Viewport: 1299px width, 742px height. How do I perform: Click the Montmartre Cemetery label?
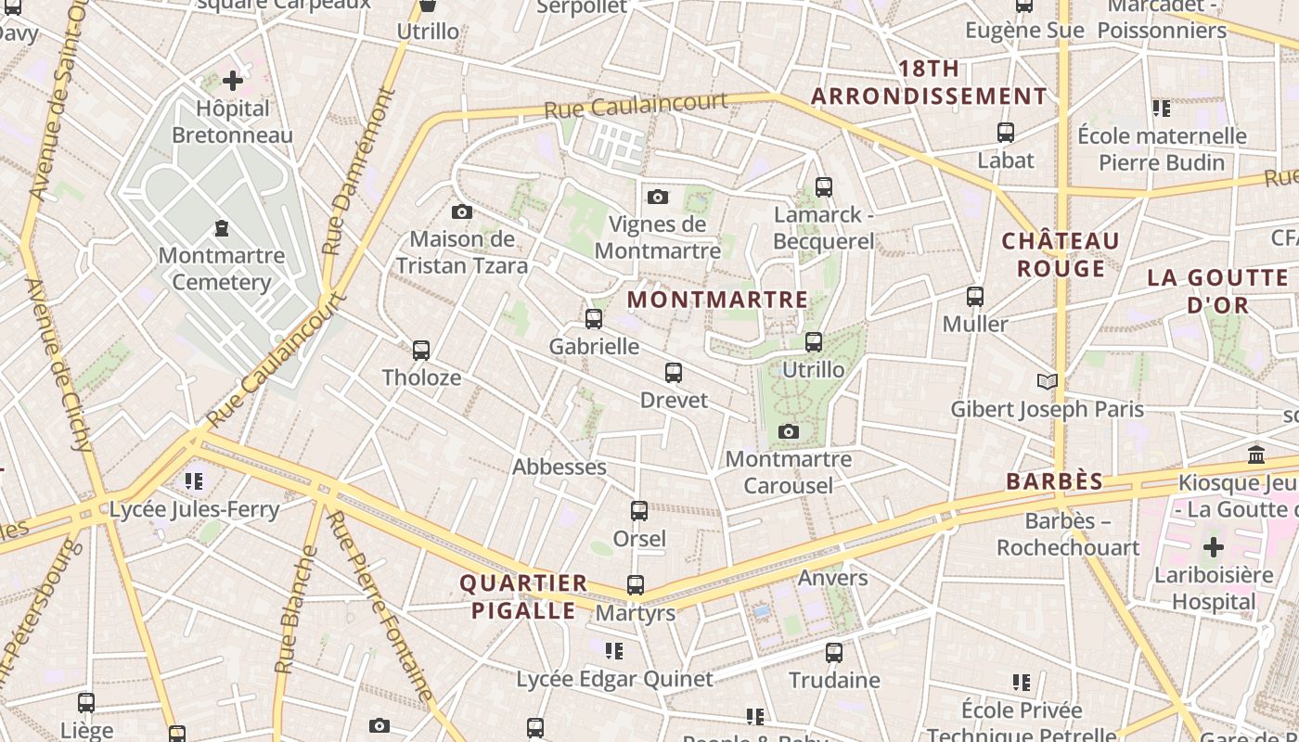pos(221,269)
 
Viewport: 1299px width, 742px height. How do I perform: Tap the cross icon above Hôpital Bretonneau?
pos(232,81)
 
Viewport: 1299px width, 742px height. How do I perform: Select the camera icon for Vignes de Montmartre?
pos(658,197)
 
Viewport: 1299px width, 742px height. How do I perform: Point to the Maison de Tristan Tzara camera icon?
pos(461,212)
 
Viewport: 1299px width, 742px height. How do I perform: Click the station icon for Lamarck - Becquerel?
pos(823,187)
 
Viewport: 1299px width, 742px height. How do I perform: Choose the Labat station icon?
pos(1005,133)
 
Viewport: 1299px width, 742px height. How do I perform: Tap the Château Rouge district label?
pos(1061,255)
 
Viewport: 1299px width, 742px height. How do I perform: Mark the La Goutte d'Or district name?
pos(1216,291)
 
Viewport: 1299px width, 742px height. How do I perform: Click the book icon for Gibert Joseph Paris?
pos(1047,381)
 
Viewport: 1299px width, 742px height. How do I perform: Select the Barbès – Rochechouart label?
pos(1068,534)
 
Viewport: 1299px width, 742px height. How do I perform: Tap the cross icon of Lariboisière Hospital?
pos(1213,546)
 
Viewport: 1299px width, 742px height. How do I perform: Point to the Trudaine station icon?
pos(834,653)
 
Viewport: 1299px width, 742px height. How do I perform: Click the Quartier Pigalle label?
pos(523,596)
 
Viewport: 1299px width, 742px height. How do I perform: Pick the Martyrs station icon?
pos(636,585)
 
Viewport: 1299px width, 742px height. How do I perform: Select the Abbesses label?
pos(559,467)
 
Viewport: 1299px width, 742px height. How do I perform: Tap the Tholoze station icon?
pos(420,351)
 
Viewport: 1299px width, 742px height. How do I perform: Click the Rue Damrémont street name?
pos(359,172)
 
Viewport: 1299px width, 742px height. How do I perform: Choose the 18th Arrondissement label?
pos(929,83)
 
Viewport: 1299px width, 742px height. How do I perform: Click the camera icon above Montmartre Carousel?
pos(789,432)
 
